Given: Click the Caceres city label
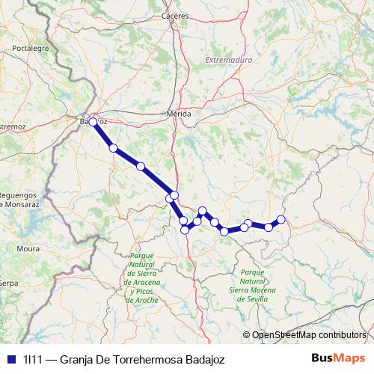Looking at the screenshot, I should [x=177, y=14].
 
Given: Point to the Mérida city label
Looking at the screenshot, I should [x=180, y=114].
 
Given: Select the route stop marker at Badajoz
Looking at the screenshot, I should [x=93, y=122].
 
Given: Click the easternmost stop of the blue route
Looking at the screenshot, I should [x=281, y=219].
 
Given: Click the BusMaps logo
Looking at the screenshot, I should [x=338, y=358].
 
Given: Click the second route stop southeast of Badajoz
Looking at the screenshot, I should [x=141, y=166].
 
